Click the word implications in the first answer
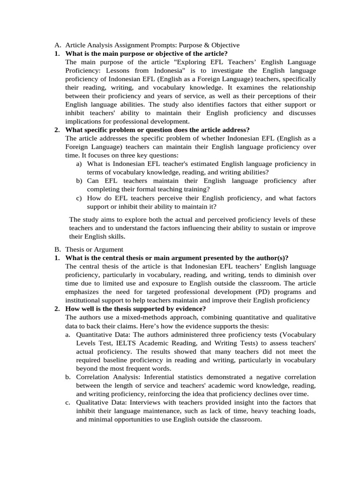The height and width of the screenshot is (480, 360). tap(85, 121)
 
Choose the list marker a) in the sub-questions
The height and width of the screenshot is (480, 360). tap(79, 164)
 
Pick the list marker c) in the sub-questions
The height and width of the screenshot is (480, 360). tap(79, 198)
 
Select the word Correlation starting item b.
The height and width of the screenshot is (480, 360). tap(94, 377)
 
